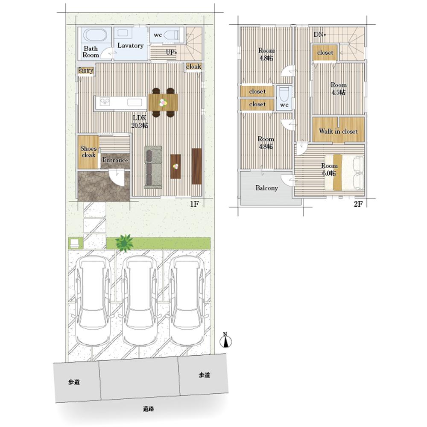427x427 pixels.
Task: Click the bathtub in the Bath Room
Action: coord(95,35)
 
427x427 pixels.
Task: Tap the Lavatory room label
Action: coord(130,46)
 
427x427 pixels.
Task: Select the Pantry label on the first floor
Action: coord(86,70)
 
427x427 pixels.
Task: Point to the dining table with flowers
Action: coord(163,102)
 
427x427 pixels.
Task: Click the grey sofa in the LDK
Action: coord(153,167)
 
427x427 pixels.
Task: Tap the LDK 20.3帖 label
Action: coord(140,121)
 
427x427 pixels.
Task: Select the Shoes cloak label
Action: coord(88,152)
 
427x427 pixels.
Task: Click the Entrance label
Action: coord(115,160)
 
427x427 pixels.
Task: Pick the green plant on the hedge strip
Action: coord(124,243)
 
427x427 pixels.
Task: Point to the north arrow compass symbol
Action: coord(225,340)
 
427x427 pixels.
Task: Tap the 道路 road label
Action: coord(149,409)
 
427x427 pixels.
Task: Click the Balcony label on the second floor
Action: coord(266,188)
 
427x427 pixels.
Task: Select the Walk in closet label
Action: coord(338,131)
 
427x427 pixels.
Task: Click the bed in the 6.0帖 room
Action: coord(344,172)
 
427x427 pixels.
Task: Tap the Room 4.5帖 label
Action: coord(339,89)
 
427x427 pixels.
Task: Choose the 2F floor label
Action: coord(358,204)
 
